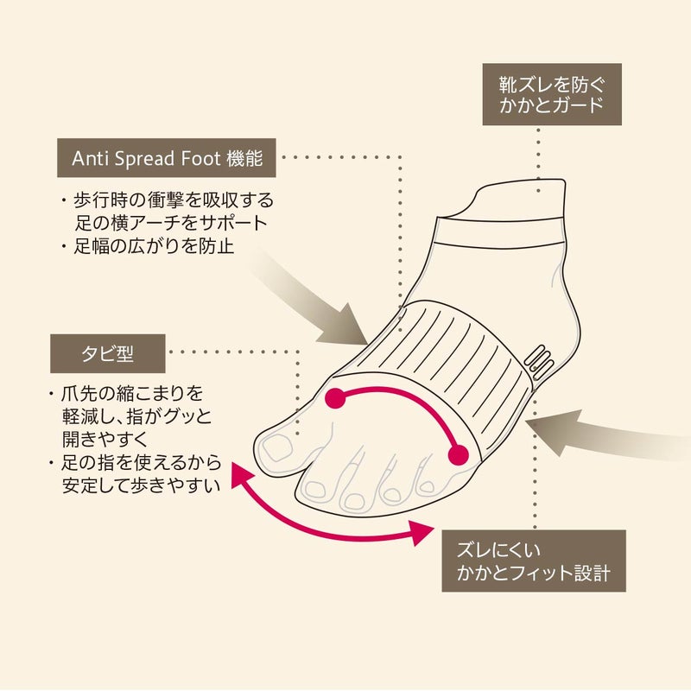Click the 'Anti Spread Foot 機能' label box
click(166, 158)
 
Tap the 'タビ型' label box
click(107, 353)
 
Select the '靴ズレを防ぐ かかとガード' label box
click(552, 94)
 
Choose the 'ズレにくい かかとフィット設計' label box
click(534, 561)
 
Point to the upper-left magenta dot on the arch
click(334, 398)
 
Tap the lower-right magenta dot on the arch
click(459, 455)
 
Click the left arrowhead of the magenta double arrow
click(240, 475)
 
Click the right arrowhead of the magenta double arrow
click(421, 532)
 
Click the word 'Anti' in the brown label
click(91, 159)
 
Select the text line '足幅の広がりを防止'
click(153, 246)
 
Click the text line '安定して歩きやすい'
click(141, 485)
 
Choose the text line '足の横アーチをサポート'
click(170, 223)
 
